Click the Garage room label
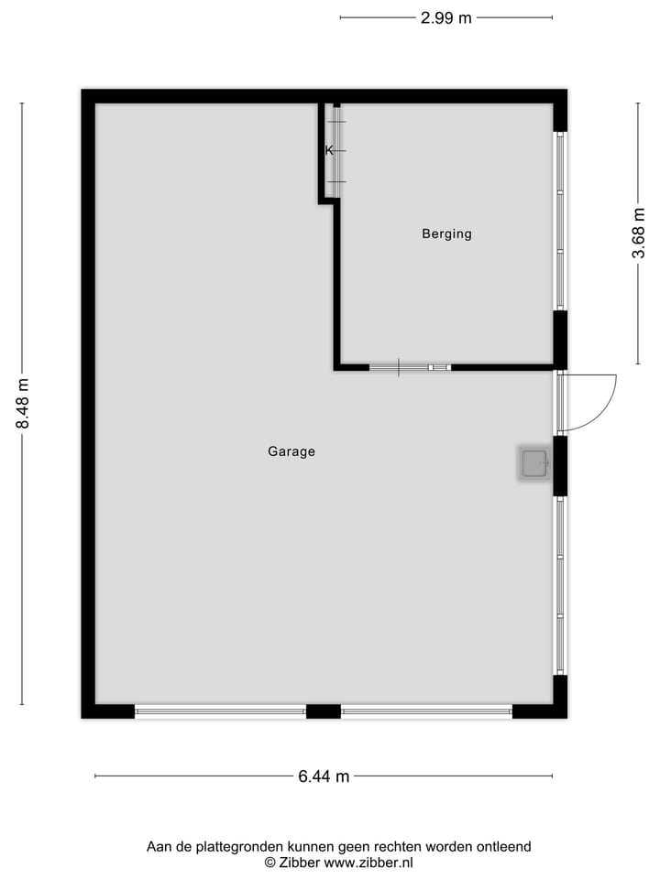(291, 451)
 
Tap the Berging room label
(446, 233)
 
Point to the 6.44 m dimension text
(324, 776)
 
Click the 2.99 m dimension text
(446, 17)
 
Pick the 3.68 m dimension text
(638, 234)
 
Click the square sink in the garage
(534, 464)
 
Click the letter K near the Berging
(328, 150)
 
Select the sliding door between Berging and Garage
(410, 367)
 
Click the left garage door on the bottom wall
(220, 711)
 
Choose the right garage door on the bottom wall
(426, 711)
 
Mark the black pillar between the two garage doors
(323, 711)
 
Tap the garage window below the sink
(560, 586)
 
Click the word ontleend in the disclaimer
(502, 847)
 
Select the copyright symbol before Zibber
(270, 862)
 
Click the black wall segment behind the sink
(560, 465)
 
